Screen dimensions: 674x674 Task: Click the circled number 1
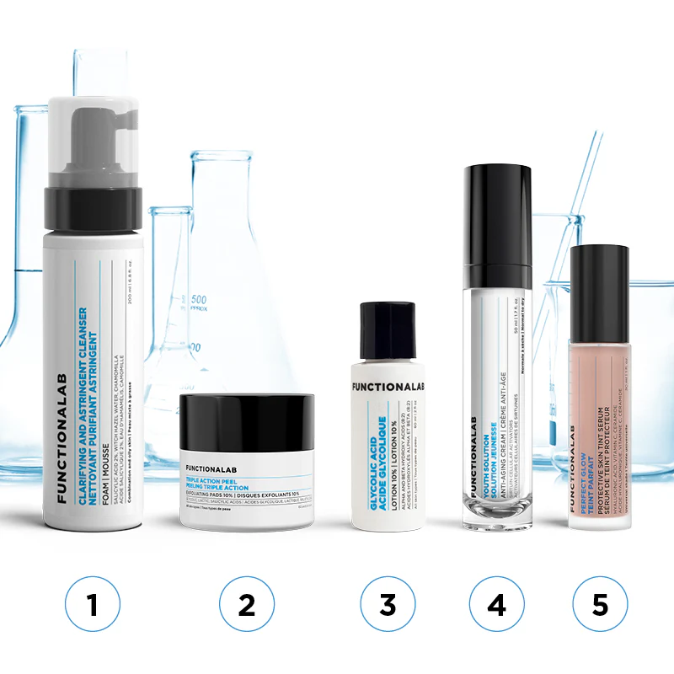click(93, 604)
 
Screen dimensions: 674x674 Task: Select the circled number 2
click(247, 604)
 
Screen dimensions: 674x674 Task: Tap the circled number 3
click(388, 604)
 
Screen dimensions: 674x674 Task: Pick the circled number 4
click(496, 604)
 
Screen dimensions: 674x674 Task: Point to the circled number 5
click(600, 604)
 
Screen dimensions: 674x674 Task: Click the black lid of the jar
click(247, 422)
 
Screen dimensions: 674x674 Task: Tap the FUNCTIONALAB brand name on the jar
click(217, 466)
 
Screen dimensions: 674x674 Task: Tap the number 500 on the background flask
click(198, 300)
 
